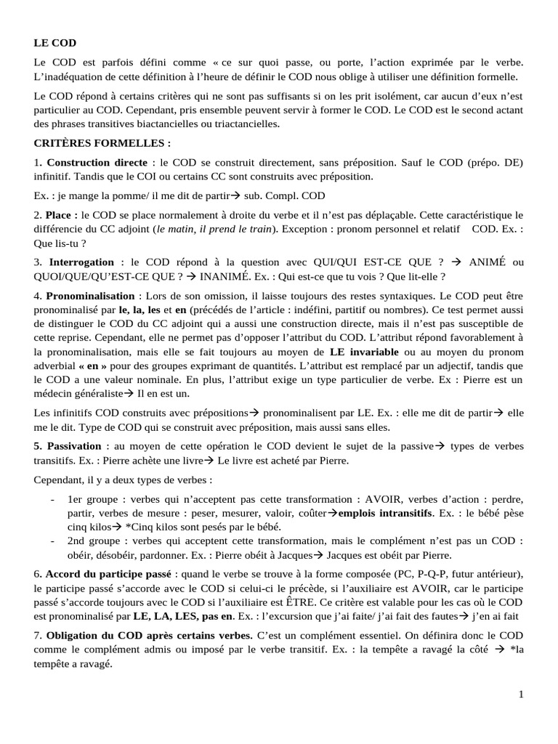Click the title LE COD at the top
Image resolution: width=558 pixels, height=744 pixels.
point(54,43)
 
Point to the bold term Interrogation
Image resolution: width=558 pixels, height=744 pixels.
point(81,262)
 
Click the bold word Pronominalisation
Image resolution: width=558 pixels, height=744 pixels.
point(90,296)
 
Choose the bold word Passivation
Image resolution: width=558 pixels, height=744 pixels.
point(75,445)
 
